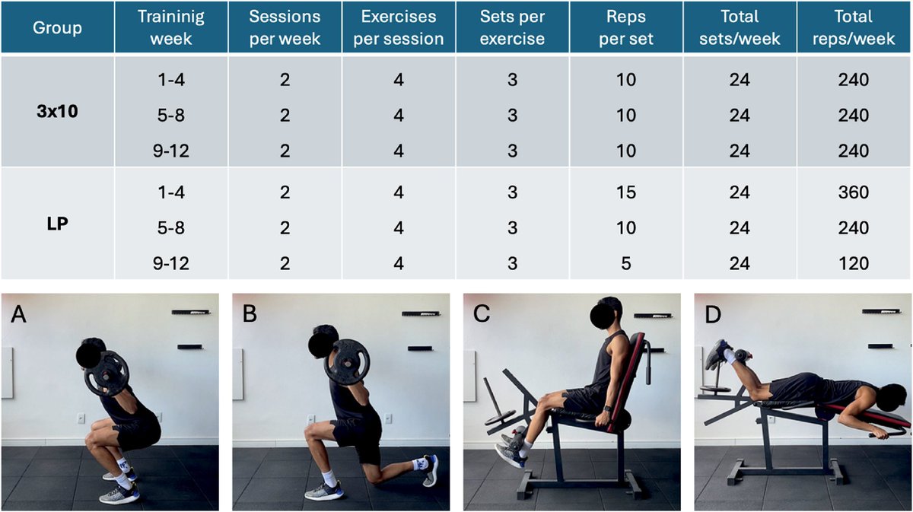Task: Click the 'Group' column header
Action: click(57, 27)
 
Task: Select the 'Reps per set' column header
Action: click(625, 27)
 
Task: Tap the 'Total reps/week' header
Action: click(854, 27)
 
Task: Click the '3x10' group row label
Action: click(57, 111)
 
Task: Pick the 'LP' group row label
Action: click(57, 224)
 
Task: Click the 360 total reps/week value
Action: click(854, 192)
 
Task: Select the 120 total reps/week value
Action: click(854, 263)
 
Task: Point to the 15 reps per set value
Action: click(625, 192)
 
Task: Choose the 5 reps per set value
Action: click(626, 263)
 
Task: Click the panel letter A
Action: click(18, 314)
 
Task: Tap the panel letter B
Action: click(250, 314)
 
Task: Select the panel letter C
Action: click(481, 314)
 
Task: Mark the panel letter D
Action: click(712, 314)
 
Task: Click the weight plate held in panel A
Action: click(107, 374)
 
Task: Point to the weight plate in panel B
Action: click(347, 362)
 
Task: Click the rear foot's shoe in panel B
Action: click(431, 470)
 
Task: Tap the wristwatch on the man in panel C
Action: click(607, 409)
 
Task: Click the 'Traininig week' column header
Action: click(171, 27)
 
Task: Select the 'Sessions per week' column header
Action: click(285, 27)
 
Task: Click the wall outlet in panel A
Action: click(81, 418)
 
